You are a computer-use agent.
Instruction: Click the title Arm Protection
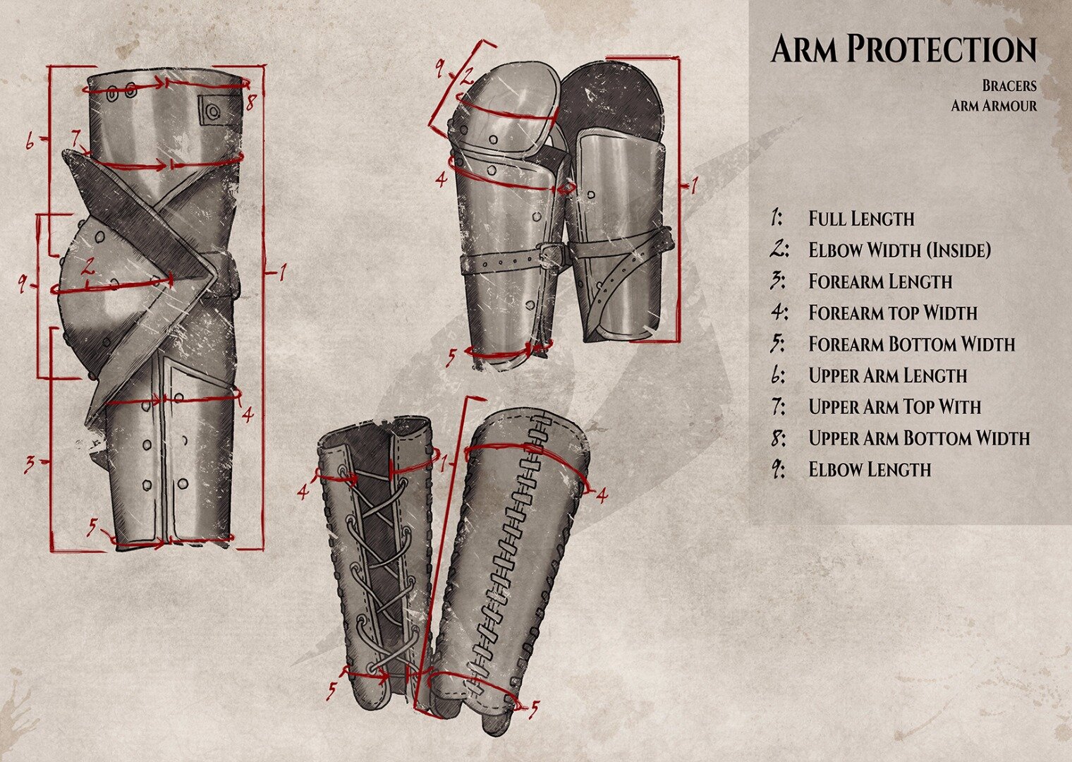903,49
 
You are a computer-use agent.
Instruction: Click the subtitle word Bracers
1009,85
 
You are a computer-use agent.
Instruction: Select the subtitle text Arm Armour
994,106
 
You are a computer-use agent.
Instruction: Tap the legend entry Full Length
860,219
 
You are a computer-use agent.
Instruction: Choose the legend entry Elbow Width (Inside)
899,250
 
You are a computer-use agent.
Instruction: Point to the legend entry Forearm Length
880,282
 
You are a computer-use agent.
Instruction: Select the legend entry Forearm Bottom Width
911,344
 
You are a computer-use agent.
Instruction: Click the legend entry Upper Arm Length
887,375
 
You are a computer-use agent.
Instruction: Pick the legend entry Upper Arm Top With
894,407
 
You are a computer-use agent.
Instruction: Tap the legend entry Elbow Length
869,469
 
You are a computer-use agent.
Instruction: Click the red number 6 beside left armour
30,142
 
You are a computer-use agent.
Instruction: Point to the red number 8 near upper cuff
250,103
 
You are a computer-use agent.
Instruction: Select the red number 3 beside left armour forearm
30,464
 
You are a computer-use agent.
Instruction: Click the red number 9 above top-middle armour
440,68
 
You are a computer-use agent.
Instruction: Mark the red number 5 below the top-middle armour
452,358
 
